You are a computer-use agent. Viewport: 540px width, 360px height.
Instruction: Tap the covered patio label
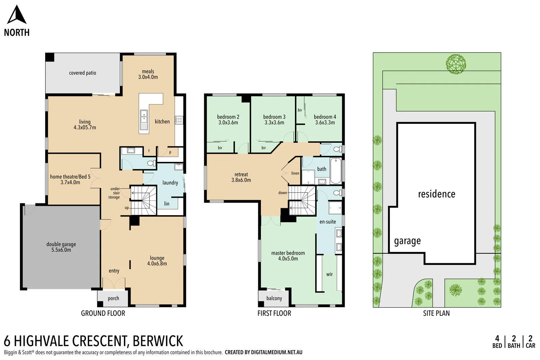(x=82, y=73)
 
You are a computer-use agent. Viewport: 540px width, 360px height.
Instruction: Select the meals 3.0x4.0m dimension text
(x=148, y=77)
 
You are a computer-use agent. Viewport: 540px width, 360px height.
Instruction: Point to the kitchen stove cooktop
(x=179, y=120)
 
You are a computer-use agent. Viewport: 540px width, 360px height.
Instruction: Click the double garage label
(x=61, y=244)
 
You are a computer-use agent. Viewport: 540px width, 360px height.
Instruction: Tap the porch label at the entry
(x=113, y=298)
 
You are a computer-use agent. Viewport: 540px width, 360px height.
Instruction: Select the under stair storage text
(x=114, y=193)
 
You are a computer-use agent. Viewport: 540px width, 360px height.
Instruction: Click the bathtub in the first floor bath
(x=335, y=171)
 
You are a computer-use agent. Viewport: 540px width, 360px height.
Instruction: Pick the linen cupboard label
(x=295, y=173)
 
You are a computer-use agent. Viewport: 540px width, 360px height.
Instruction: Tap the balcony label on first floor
(x=274, y=298)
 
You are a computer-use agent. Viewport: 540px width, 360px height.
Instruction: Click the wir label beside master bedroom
(x=329, y=274)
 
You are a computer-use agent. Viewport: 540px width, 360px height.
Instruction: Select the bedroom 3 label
(x=274, y=117)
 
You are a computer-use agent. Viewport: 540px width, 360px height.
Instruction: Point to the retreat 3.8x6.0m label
(x=241, y=177)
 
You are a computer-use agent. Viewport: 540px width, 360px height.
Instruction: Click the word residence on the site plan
(x=436, y=194)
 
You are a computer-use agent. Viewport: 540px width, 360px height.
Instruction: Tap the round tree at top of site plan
(x=456, y=63)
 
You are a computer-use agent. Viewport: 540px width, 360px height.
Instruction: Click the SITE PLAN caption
(x=436, y=313)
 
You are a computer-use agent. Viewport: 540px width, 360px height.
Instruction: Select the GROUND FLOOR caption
(x=103, y=313)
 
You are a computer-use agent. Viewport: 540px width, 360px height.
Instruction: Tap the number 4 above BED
(x=497, y=338)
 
